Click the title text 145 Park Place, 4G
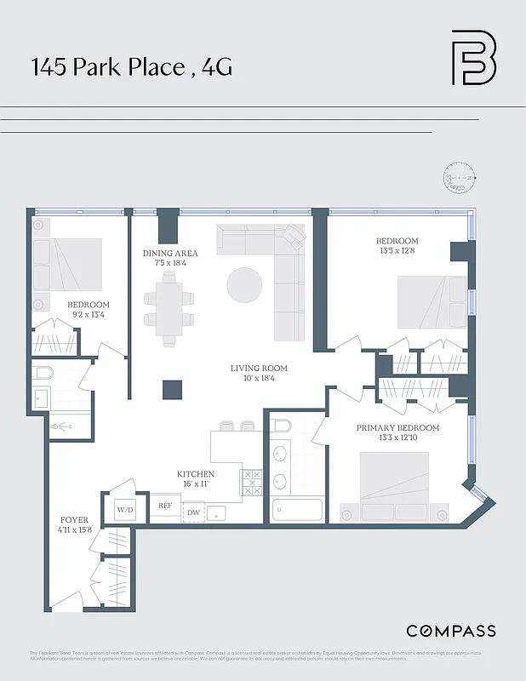click(x=131, y=68)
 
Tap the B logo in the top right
click(x=473, y=58)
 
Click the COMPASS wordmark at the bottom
click(x=450, y=631)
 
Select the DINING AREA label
click(x=170, y=254)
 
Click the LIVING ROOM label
click(x=259, y=369)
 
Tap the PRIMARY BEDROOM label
click(x=397, y=427)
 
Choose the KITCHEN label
click(x=195, y=474)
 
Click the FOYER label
click(x=74, y=519)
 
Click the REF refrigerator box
click(x=166, y=506)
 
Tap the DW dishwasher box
click(x=193, y=512)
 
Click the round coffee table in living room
click(x=245, y=284)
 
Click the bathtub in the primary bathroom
click(x=297, y=510)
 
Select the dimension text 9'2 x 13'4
click(x=89, y=315)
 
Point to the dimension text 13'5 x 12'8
click(x=397, y=251)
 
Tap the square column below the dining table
click(x=172, y=389)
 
